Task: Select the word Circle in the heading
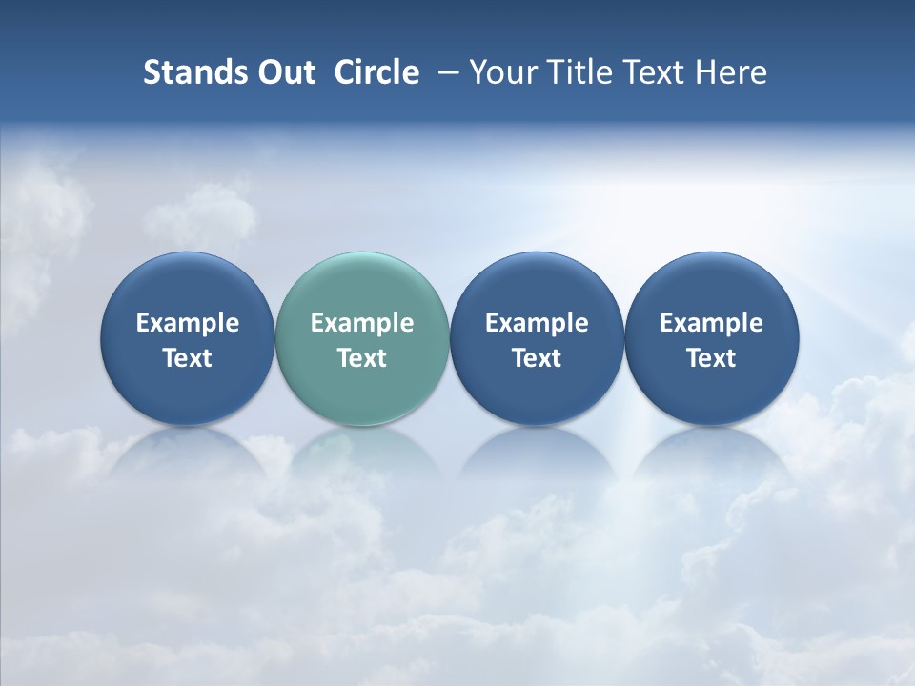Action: [376, 72]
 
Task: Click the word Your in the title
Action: [502, 72]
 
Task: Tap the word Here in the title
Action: [733, 72]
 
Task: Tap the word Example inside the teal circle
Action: [362, 323]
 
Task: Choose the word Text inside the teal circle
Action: [362, 358]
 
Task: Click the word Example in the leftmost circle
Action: [188, 323]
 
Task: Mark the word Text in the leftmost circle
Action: [188, 358]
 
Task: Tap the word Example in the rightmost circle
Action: [711, 323]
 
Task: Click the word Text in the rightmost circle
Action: [711, 358]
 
